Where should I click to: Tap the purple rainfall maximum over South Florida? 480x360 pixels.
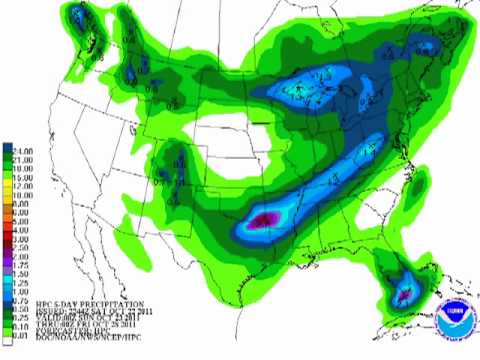tap(405, 295)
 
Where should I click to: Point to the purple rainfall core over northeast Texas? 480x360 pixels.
tap(265, 219)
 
